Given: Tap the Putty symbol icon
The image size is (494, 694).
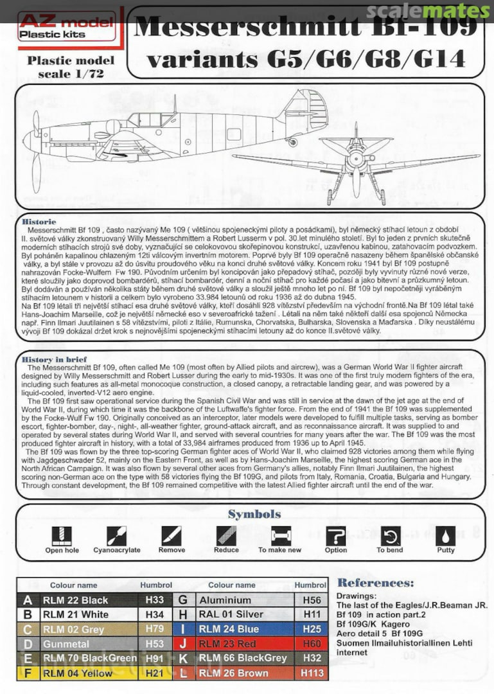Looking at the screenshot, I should point(445,535).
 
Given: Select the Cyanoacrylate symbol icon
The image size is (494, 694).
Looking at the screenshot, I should point(116,535).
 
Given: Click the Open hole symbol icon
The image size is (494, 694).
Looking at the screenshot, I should point(62,535).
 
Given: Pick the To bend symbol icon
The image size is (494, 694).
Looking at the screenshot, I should point(390,535).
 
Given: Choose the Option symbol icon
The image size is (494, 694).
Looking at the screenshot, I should point(335,535).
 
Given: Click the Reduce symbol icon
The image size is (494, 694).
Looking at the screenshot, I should point(226,535).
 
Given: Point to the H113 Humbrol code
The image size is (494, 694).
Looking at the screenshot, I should point(311,673).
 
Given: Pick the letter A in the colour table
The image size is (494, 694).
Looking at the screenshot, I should point(27,600).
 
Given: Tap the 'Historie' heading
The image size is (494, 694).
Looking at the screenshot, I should point(39,222).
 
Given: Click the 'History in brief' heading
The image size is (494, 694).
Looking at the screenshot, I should point(54,359).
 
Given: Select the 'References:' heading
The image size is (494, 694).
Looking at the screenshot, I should point(376,583).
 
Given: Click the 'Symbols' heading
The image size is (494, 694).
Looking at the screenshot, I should point(254,513).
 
